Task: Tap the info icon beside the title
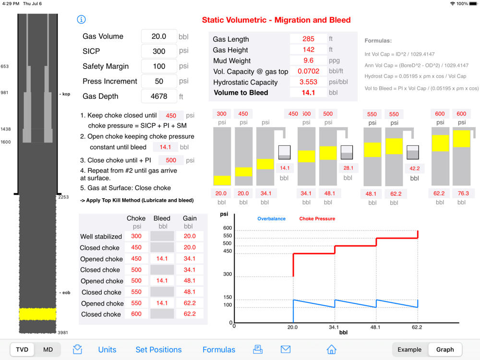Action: click(x=81, y=19)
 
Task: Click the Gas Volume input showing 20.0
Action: click(x=159, y=36)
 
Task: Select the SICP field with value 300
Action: click(x=159, y=51)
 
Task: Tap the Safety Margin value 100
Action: click(x=159, y=66)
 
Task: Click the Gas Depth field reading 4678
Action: click(x=159, y=96)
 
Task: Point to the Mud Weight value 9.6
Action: click(x=308, y=60)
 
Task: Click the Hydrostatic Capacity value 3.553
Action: click(x=308, y=82)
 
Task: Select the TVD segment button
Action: click(x=22, y=349)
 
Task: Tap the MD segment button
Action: click(x=48, y=349)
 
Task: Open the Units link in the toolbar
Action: click(x=107, y=349)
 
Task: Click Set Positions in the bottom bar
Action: click(x=158, y=349)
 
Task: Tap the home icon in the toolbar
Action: click(x=331, y=349)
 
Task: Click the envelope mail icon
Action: click(x=286, y=349)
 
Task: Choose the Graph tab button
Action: click(x=445, y=349)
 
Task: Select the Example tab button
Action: click(x=409, y=349)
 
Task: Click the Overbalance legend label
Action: click(x=271, y=219)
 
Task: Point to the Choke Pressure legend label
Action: click(x=317, y=219)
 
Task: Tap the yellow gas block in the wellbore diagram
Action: click(x=37, y=314)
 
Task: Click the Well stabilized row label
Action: click(x=101, y=236)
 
